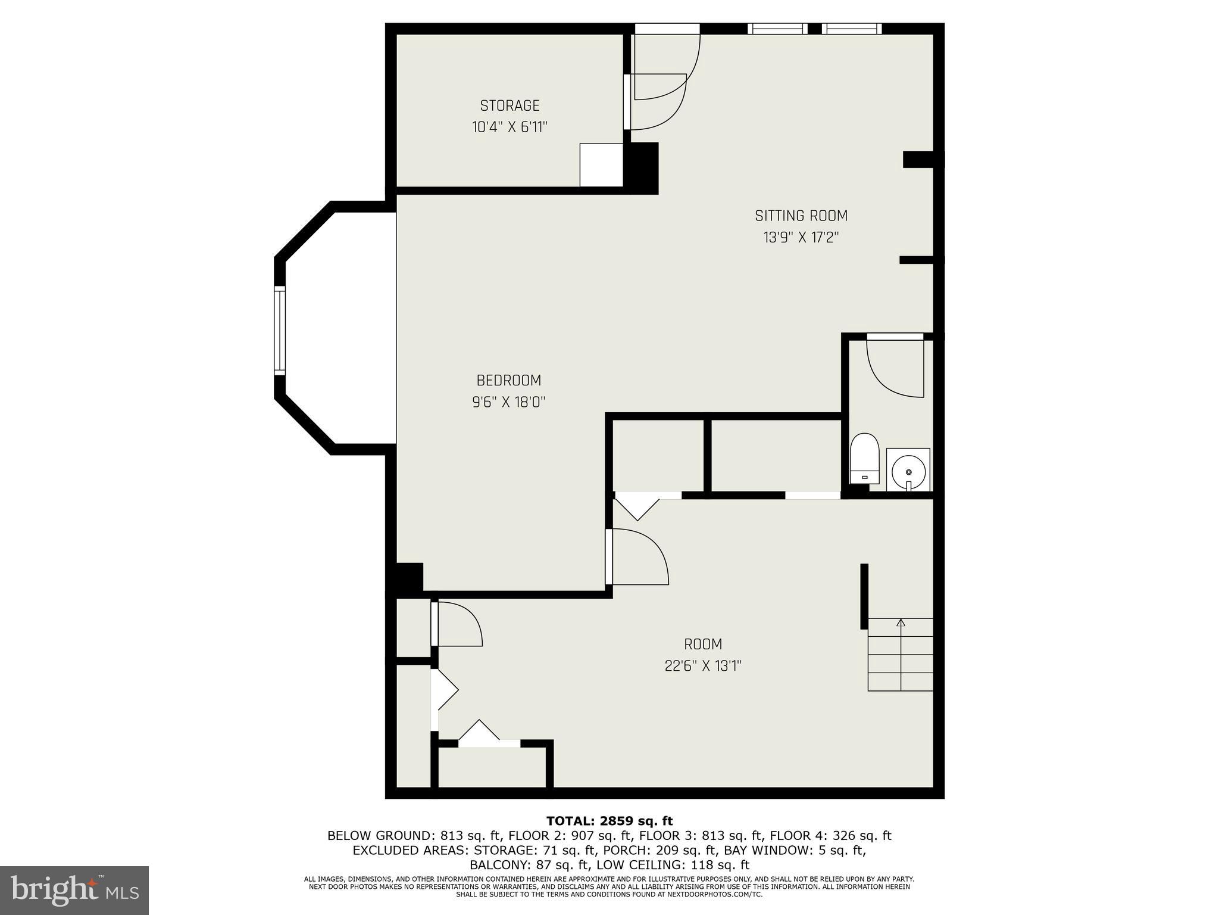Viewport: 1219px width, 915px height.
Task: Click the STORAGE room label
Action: coord(510,106)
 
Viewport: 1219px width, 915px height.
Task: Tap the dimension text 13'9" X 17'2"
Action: coord(801,238)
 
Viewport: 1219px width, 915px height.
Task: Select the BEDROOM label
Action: coord(508,380)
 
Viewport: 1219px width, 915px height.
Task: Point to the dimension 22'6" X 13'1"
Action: coord(702,666)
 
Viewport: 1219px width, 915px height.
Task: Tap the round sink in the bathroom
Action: coord(908,471)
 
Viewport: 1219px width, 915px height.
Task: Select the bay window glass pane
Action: coord(280,330)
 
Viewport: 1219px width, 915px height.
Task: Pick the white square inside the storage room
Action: coord(601,165)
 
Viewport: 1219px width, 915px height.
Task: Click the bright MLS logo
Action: coord(74,890)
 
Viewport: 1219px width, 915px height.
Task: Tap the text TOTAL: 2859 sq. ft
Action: coord(609,821)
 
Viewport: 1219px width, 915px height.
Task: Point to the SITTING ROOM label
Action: coord(801,216)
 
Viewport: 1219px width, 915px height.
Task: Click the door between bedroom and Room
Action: coord(637,557)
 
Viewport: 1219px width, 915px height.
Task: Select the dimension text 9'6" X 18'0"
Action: coord(508,402)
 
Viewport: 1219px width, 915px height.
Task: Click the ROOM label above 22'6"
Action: coord(702,644)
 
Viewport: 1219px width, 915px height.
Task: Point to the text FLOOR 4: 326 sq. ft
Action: coord(839,836)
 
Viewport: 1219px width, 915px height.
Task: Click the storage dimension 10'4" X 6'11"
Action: coord(510,127)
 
